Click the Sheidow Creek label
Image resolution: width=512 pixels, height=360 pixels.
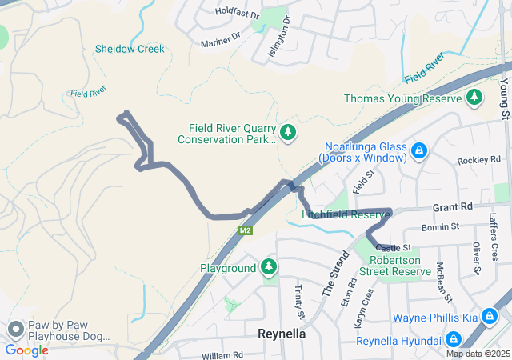(130, 49)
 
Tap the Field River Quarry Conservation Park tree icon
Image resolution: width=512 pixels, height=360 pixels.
(288, 132)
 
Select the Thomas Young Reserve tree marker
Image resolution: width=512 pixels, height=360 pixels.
(475, 98)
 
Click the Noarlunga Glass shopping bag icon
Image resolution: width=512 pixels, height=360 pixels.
(418, 151)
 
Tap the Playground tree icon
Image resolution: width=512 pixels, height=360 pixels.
(270, 268)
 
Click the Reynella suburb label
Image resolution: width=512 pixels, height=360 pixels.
(282, 334)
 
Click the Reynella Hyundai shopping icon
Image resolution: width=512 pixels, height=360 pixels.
(454, 341)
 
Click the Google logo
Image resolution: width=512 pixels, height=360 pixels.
(26, 350)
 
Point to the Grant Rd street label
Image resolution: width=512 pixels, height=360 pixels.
(452, 206)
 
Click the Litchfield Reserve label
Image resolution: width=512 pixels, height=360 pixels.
(346, 214)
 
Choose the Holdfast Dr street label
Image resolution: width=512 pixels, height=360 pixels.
(238, 14)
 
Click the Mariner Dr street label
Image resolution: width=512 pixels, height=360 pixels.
(221, 39)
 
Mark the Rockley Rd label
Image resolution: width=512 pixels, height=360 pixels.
(478, 161)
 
